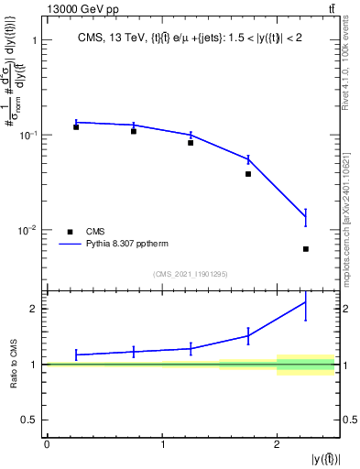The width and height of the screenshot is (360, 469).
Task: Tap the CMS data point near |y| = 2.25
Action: click(x=306, y=249)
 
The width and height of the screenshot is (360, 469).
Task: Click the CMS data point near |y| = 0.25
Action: click(x=76, y=127)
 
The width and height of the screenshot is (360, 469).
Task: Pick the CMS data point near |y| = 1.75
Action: click(x=248, y=174)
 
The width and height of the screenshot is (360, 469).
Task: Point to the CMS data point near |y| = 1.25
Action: click(x=191, y=143)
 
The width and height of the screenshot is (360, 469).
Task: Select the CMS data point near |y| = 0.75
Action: click(x=134, y=132)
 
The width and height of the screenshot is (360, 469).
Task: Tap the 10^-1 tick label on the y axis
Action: click(x=27, y=136)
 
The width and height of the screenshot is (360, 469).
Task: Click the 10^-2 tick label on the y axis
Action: click(x=27, y=230)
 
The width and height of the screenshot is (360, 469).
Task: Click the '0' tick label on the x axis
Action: click(x=47, y=444)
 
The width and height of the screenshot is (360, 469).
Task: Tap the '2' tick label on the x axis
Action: click(x=277, y=444)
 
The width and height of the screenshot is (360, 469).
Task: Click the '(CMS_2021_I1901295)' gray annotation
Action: click(x=190, y=274)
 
